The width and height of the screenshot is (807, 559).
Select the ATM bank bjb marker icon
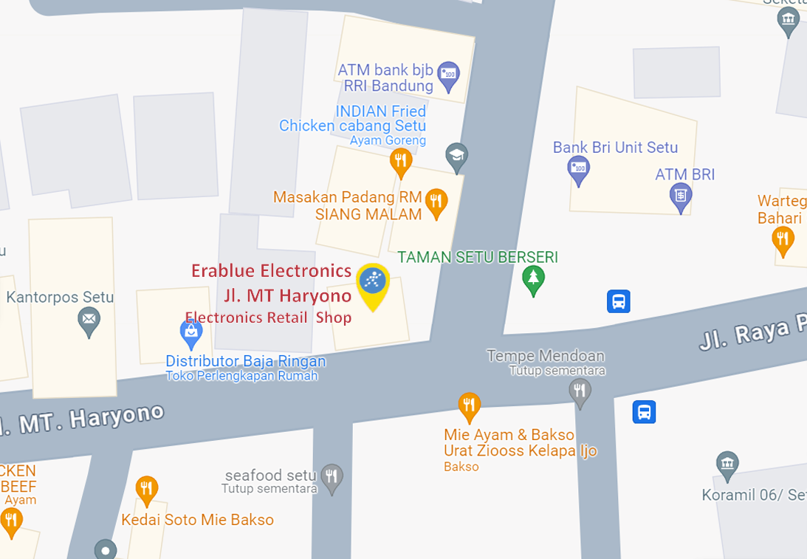point(448,75)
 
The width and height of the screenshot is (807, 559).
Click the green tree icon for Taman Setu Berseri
point(533,279)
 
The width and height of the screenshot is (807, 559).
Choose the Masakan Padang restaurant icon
point(437,202)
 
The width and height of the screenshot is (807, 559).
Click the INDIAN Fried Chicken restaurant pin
point(401,161)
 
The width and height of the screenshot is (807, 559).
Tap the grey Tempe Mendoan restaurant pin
point(580,391)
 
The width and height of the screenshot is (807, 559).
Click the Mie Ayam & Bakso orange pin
point(469,405)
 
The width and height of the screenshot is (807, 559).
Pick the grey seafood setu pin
point(332,477)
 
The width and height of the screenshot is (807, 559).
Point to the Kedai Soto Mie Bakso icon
point(147,489)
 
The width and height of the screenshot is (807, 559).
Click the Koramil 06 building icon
point(727,465)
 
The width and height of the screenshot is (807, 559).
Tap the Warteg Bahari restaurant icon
point(783,239)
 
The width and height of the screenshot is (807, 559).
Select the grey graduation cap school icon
point(457,157)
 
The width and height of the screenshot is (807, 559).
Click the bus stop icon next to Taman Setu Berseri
point(619,301)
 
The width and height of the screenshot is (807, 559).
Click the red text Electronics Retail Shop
point(268,318)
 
